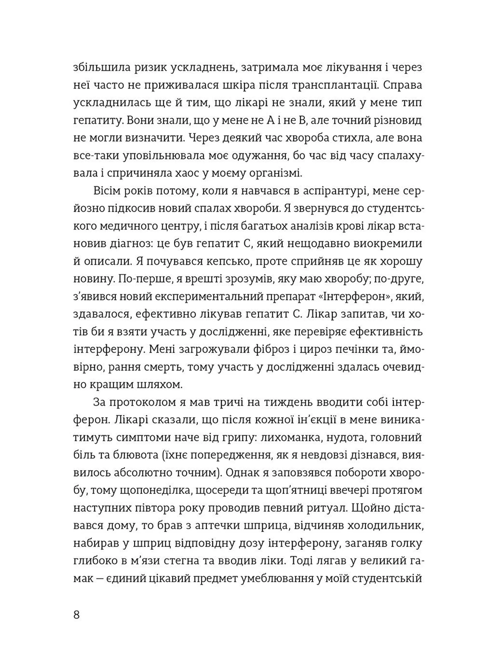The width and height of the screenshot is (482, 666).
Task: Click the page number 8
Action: pyautogui.click(x=77, y=614)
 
